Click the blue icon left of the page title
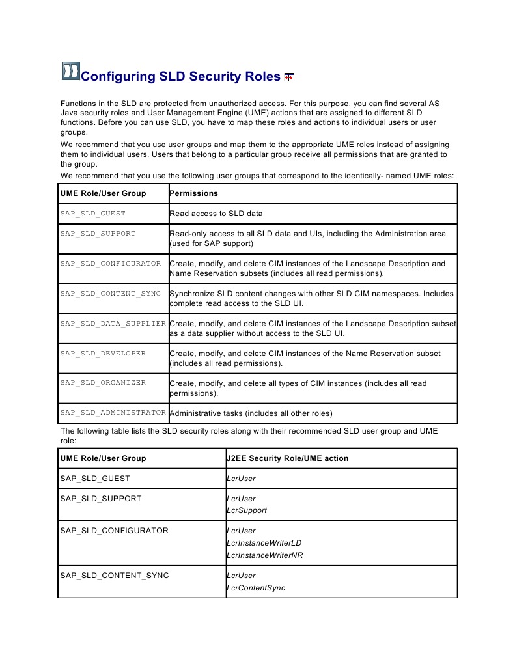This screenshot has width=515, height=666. pos(70,71)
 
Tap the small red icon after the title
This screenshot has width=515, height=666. pos(289,77)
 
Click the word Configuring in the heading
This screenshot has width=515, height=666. pos(117,77)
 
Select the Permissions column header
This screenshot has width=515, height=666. pos(193,193)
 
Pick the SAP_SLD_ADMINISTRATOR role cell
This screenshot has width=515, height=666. pos(113,413)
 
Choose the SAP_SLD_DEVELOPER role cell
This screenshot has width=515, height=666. pos(103,354)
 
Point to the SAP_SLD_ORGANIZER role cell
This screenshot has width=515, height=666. pos(103,383)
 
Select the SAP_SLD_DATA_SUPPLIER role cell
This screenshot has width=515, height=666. pos(113,324)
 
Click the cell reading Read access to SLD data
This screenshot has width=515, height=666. pos(216,214)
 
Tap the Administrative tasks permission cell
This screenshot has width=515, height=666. pos(251,413)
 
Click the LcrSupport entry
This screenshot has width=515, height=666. pos(246,510)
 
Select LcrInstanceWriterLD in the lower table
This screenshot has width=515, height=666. pos(264,543)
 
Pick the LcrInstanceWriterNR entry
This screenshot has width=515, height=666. pos(264,555)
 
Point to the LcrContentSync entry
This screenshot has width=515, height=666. pos(255,588)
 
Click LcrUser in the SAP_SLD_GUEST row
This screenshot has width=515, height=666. pos(241,479)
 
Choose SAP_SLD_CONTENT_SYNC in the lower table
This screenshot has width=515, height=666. pos(115,576)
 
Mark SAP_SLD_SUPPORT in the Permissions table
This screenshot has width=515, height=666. pos(98,233)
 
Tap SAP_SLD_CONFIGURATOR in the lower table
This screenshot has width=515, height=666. pos(114,531)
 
